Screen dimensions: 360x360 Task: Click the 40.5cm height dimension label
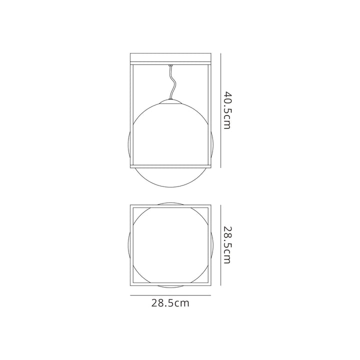tap(227, 110)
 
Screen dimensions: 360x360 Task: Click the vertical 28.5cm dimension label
tap(227, 245)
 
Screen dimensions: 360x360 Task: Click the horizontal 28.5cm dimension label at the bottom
tap(170, 303)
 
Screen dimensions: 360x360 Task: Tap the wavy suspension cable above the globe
tap(172, 83)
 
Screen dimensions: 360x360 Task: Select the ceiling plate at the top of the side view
tap(170, 58)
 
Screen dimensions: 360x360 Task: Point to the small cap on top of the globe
tap(170, 101)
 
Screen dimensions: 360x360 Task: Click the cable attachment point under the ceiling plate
tap(170, 65)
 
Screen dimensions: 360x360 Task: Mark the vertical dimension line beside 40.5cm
tap(220, 110)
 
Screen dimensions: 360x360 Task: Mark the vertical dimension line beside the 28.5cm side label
tap(220, 245)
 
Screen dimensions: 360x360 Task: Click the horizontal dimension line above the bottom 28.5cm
tap(170, 295)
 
